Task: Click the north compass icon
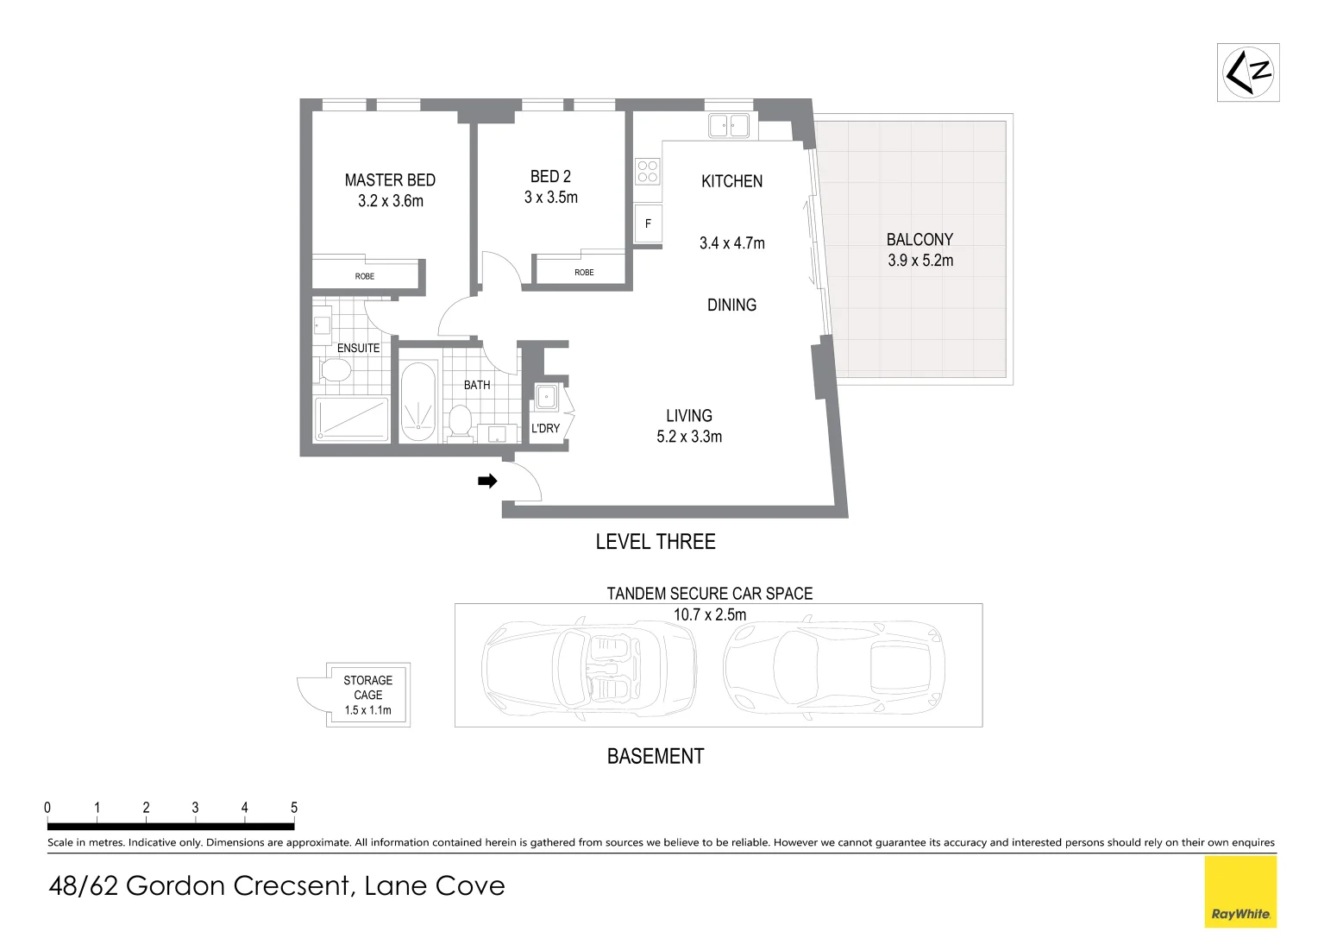(1248, 72)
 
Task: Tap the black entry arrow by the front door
(487, 482)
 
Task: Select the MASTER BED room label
(390, 180)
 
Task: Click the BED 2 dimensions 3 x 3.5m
(551, 198)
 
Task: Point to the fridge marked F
(648, 224)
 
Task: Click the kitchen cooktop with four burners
(648, 172)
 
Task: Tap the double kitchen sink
(729, 126)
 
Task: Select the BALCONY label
(919, 240)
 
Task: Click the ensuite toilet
(334, 371)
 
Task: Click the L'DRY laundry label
(545, 428)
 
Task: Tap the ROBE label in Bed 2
(584, 273)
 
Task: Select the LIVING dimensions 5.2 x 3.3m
(689, 437)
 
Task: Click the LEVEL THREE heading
(656, 542)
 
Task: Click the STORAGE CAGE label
(368, 687)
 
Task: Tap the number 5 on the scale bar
(294, 808)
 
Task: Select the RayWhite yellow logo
(1240, 891)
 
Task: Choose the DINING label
(731, 305)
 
